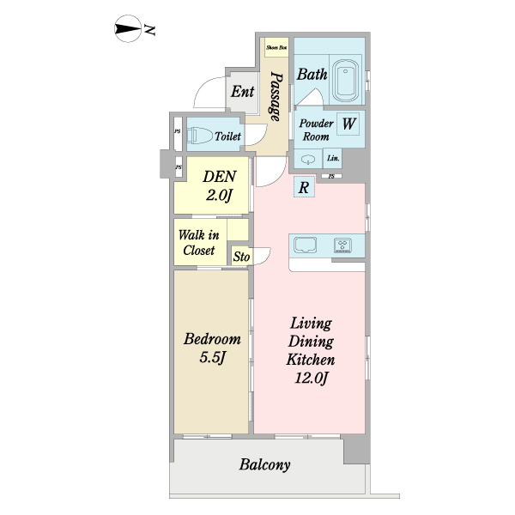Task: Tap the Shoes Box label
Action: [276, 47]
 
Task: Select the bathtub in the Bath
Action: [345, 82]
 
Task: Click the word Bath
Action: [312, 74]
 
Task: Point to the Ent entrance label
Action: [242, 91]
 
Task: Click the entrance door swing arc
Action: [201, 86]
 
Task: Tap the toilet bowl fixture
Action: [200, 136]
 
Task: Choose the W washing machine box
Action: [348, 124]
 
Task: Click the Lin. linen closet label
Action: [333, 158]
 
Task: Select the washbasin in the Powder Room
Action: [308, 160]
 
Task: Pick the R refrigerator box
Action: [304, 187]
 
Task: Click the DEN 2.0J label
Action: [220, 186]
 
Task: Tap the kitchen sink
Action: [305, 245]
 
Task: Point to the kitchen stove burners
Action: [342, 245]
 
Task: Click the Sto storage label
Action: [241, 257]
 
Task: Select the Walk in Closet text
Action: [199, 243]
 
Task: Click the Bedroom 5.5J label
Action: [212, 348]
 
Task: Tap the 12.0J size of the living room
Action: [311, 378]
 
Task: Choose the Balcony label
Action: [264, 464]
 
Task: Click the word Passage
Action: [276, 96]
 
